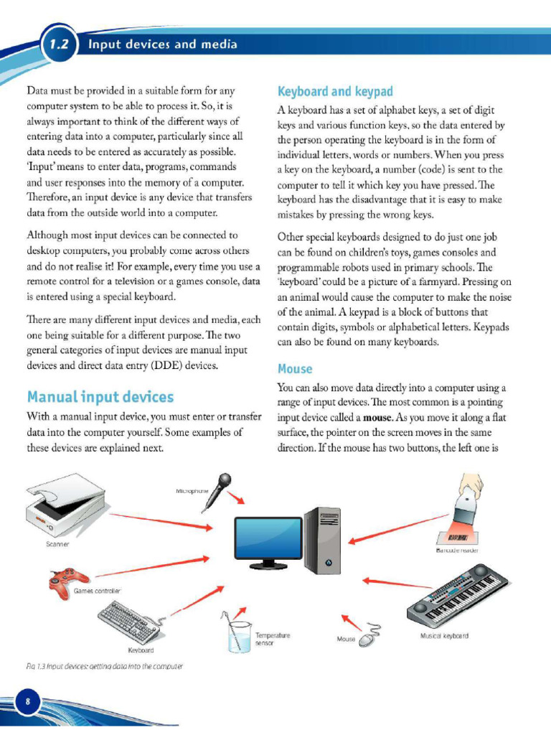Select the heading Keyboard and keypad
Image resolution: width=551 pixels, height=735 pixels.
click(335, 91)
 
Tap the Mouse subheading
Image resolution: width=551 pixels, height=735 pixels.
click(295, 369)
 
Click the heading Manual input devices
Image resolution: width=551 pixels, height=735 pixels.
click(100, 396)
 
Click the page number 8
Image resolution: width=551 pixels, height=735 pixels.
click(27, 701)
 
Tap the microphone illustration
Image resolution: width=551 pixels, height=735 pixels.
click(217, 491)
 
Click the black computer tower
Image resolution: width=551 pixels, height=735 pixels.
click(321, 540)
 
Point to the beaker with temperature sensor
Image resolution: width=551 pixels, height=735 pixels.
click(238, 632)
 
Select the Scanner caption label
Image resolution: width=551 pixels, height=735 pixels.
click(57, 545)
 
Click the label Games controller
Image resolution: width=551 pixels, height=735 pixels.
click(98, 591)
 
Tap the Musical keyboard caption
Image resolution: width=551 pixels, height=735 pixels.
click(444, 636)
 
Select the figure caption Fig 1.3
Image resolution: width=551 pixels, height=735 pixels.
click(103, 666)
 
